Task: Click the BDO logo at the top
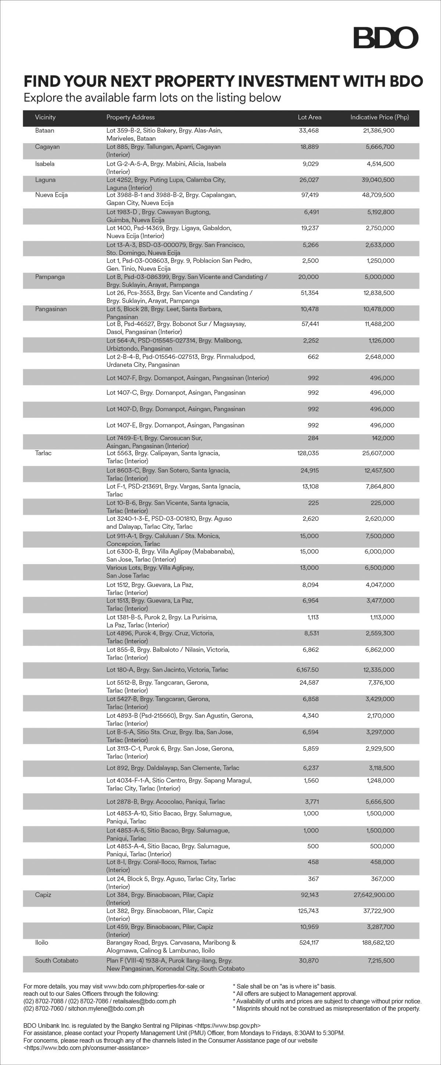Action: [x=386, y=38]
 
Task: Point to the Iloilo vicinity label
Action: [x=42, y=943]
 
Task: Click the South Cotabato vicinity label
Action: [x=57, y=960]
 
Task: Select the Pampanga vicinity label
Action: [x=50, y=277]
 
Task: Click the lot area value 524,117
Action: [x=309, y=943]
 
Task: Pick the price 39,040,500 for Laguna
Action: [x=378, y=180]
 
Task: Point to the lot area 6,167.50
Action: [x=308, y=670]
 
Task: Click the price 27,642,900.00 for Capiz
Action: [x=374, y=894]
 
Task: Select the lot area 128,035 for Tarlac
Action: [x=308, y=453]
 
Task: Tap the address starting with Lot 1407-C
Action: [x=176, y=393]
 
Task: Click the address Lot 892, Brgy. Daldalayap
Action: [x=173, y=768]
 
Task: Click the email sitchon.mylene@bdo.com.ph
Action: [x=106, y=1008]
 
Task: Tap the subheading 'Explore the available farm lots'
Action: [x=152, y=98]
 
